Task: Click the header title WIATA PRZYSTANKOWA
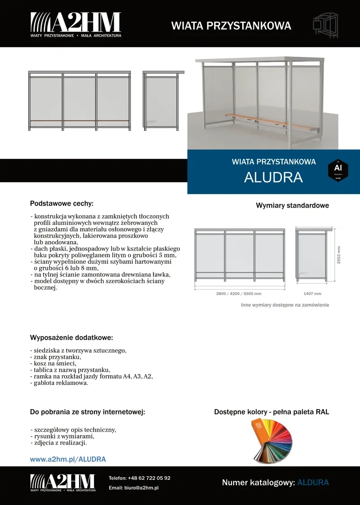coord(231,26)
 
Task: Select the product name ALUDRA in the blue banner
coord(273,177)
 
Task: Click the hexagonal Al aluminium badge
coord(338,171)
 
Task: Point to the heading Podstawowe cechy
coord(62,203)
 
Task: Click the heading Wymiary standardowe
coord(292,206)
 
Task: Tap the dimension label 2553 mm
coord(339,255)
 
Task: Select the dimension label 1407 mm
coord(312,293)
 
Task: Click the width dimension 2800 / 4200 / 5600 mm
coord(238,293)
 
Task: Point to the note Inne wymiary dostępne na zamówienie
coord(285,305)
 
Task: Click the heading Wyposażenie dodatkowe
coord(71,338)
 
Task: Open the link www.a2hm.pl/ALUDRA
coord(68,460)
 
